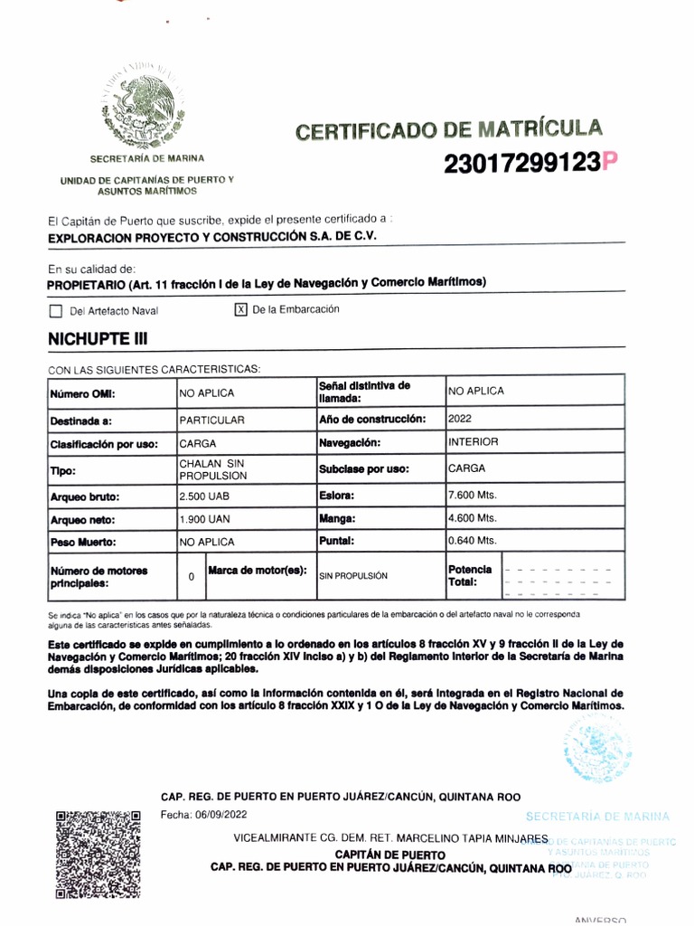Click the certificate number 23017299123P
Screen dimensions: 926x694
[530, 164]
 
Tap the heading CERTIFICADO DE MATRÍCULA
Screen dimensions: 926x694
[448, 131]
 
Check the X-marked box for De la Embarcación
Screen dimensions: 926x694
[240, 309]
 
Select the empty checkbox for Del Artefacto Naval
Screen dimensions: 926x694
[56, 311]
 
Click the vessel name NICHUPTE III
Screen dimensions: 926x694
[97, 340]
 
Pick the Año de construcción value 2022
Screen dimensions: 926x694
[460, 420]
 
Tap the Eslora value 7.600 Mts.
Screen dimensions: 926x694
[473, 496]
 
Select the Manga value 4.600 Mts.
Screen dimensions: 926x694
[473, 518]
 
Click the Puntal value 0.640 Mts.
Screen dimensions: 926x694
[473, 541]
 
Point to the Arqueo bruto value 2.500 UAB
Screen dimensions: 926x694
[207, 497]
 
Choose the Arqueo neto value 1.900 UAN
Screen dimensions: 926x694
[207, 520]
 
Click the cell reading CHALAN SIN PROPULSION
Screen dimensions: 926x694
[212, 469]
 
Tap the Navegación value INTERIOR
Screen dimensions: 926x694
[473, 442]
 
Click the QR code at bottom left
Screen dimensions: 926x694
[98, 854]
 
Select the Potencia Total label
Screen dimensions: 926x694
[470, 575]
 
